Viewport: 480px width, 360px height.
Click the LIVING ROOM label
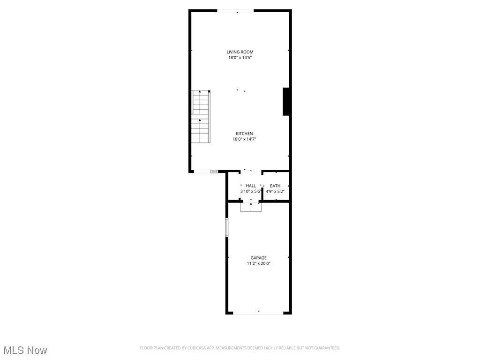click(240, 52)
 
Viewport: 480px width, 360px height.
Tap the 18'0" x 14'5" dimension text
click(240, 58)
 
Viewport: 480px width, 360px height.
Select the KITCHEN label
click(244, 134)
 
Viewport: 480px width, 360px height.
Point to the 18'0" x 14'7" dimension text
click(244, 139)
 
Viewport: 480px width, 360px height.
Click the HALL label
click(251, 186)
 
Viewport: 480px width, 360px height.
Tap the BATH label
click(275, 186)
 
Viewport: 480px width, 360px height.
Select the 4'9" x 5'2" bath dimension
click(275, 191)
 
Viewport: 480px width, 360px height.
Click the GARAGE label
click(258, 258)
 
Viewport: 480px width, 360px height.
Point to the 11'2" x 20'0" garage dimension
click(258, 263)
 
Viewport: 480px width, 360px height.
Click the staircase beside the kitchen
click(201, 116)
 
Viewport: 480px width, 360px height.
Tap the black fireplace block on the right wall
click(286, 101)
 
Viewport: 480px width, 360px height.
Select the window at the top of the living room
click(235, 11)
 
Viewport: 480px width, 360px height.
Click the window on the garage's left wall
click(226, 227)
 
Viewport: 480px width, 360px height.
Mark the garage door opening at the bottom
click(258, 313)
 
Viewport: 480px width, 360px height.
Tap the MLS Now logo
click(25, 350)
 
